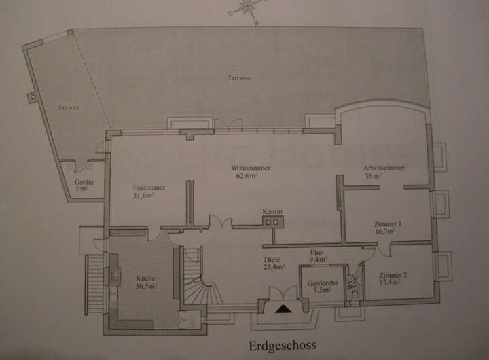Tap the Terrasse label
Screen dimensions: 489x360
pyautogui.click(x=240, y=78)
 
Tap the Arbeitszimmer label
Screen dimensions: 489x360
pyautogui.click(x=384, y=167)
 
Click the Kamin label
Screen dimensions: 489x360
pyautogui.click(x=272, y=211)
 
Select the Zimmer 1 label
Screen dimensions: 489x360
pyautogui.click(x=387, y=224)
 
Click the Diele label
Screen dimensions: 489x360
pyautogui.click(x=273, y=259)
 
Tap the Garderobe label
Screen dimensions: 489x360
pyautogui.click(x=318, y=281)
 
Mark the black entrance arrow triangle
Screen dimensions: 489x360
pyautogui.click(x=283, y=309)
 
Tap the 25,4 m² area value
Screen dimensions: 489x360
pyautogui.click(x=274, y=266)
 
